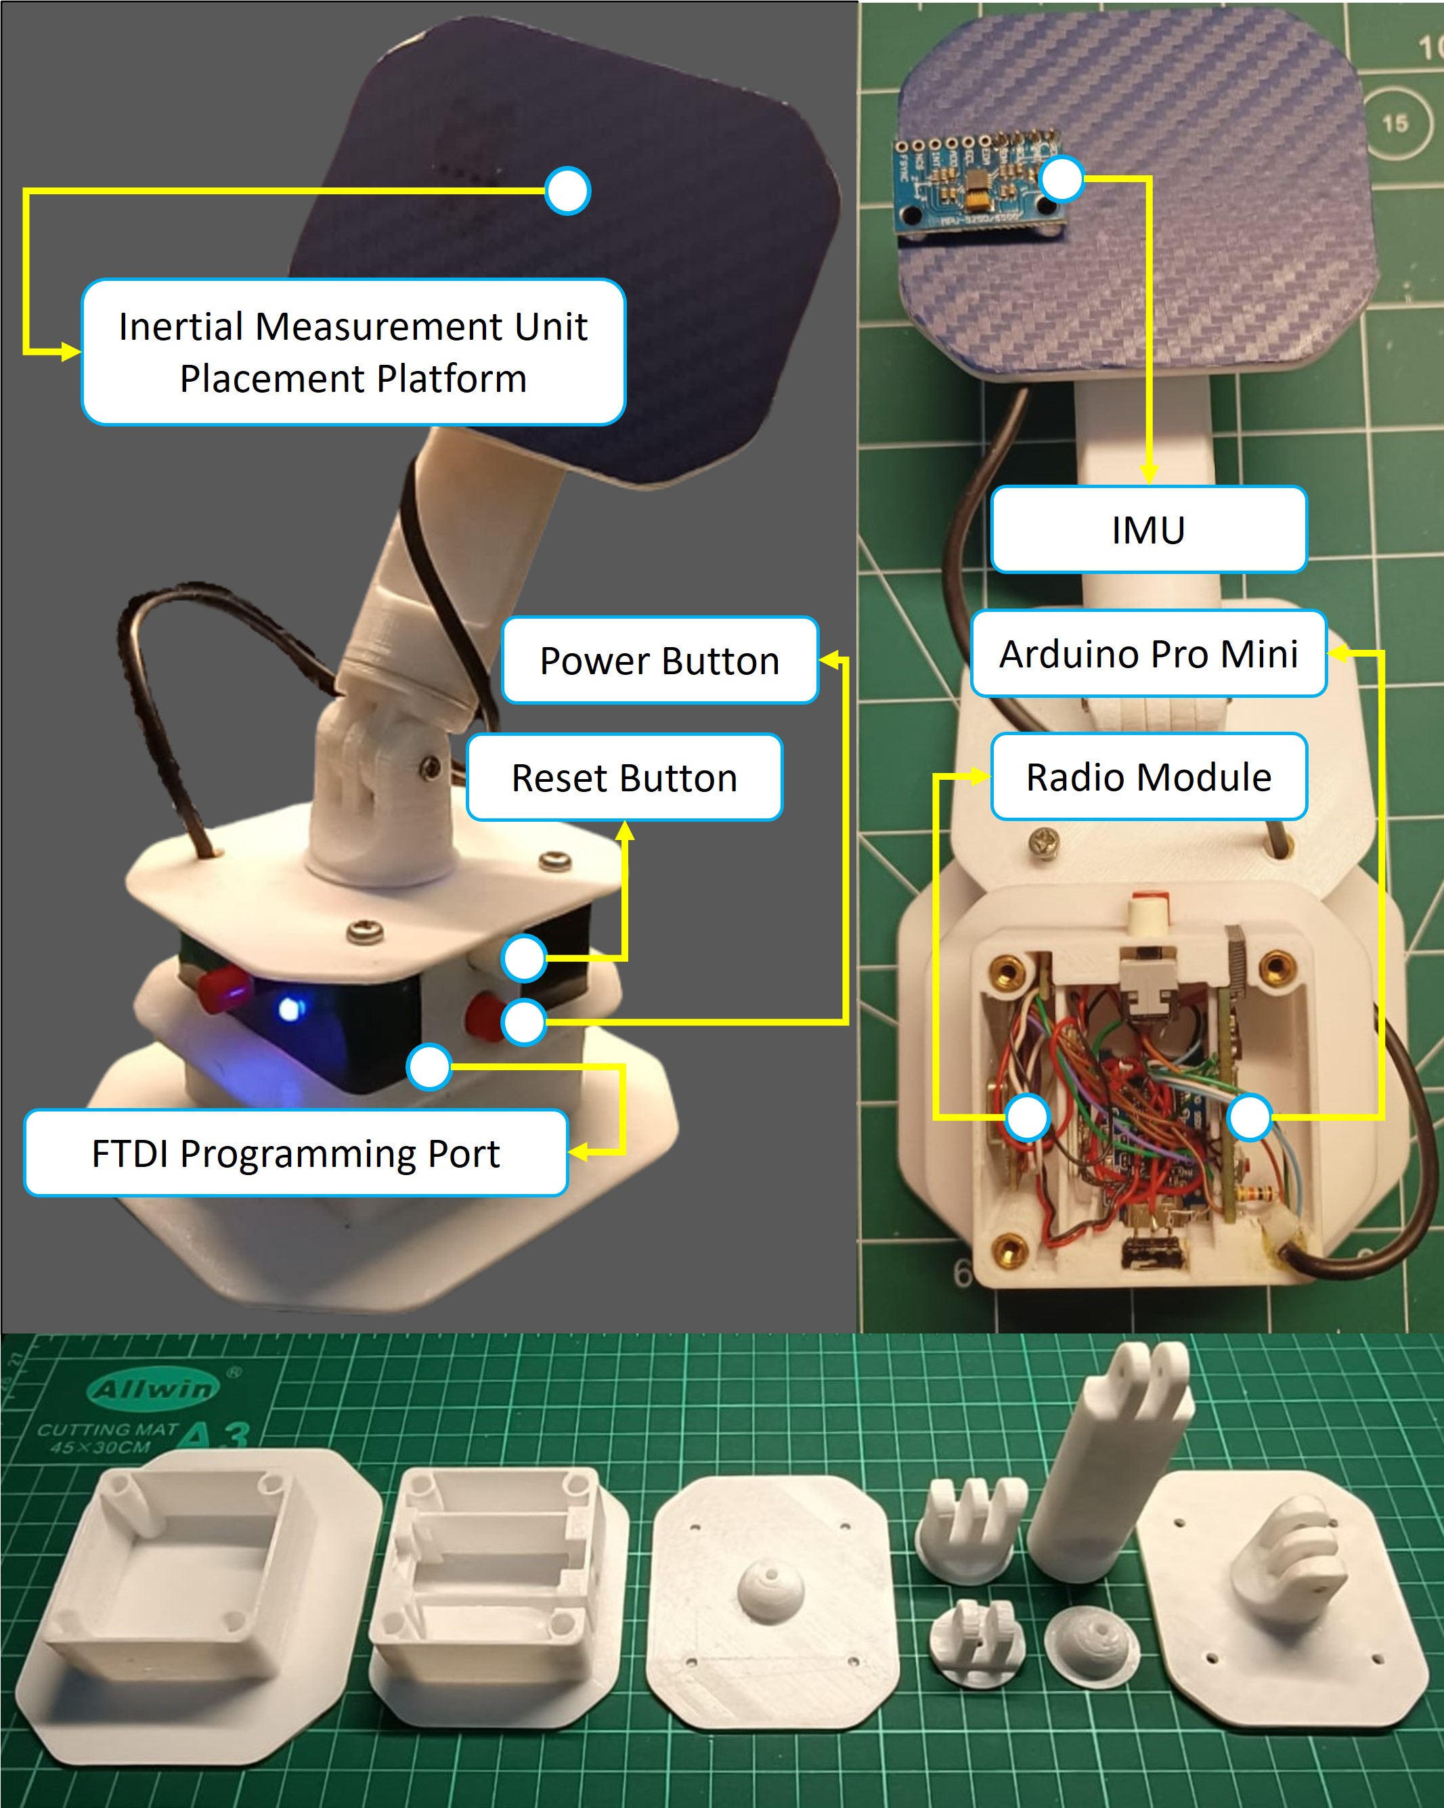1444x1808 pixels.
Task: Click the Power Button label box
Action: [x=659, y=660]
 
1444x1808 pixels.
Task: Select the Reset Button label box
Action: [x=624, y=776]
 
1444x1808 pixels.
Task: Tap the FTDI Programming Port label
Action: [x=295, y=1152]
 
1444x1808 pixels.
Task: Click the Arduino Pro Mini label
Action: [x=1148, y=653]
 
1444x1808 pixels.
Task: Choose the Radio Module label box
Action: [x=1148, y=776]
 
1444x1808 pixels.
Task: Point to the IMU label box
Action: [x=1148, y=529]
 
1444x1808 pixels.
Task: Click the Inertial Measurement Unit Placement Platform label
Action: [x=353, y=352]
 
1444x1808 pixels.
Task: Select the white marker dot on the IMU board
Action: [x=1061, y=179]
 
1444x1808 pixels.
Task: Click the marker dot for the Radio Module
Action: [x=1026, y=1117]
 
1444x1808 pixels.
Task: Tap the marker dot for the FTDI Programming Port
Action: [x=429, y=1067]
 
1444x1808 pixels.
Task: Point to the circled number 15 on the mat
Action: [x=1395, y=123]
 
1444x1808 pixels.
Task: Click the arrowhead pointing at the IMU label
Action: [x=1149, y=473]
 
